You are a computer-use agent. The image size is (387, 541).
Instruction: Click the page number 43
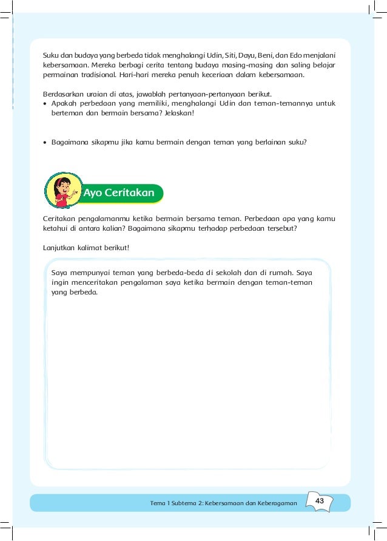(320, 501)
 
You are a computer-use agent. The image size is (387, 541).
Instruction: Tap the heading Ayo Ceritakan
(118, 193)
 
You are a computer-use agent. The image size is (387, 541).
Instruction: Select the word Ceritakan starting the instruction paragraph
(61, 218)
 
